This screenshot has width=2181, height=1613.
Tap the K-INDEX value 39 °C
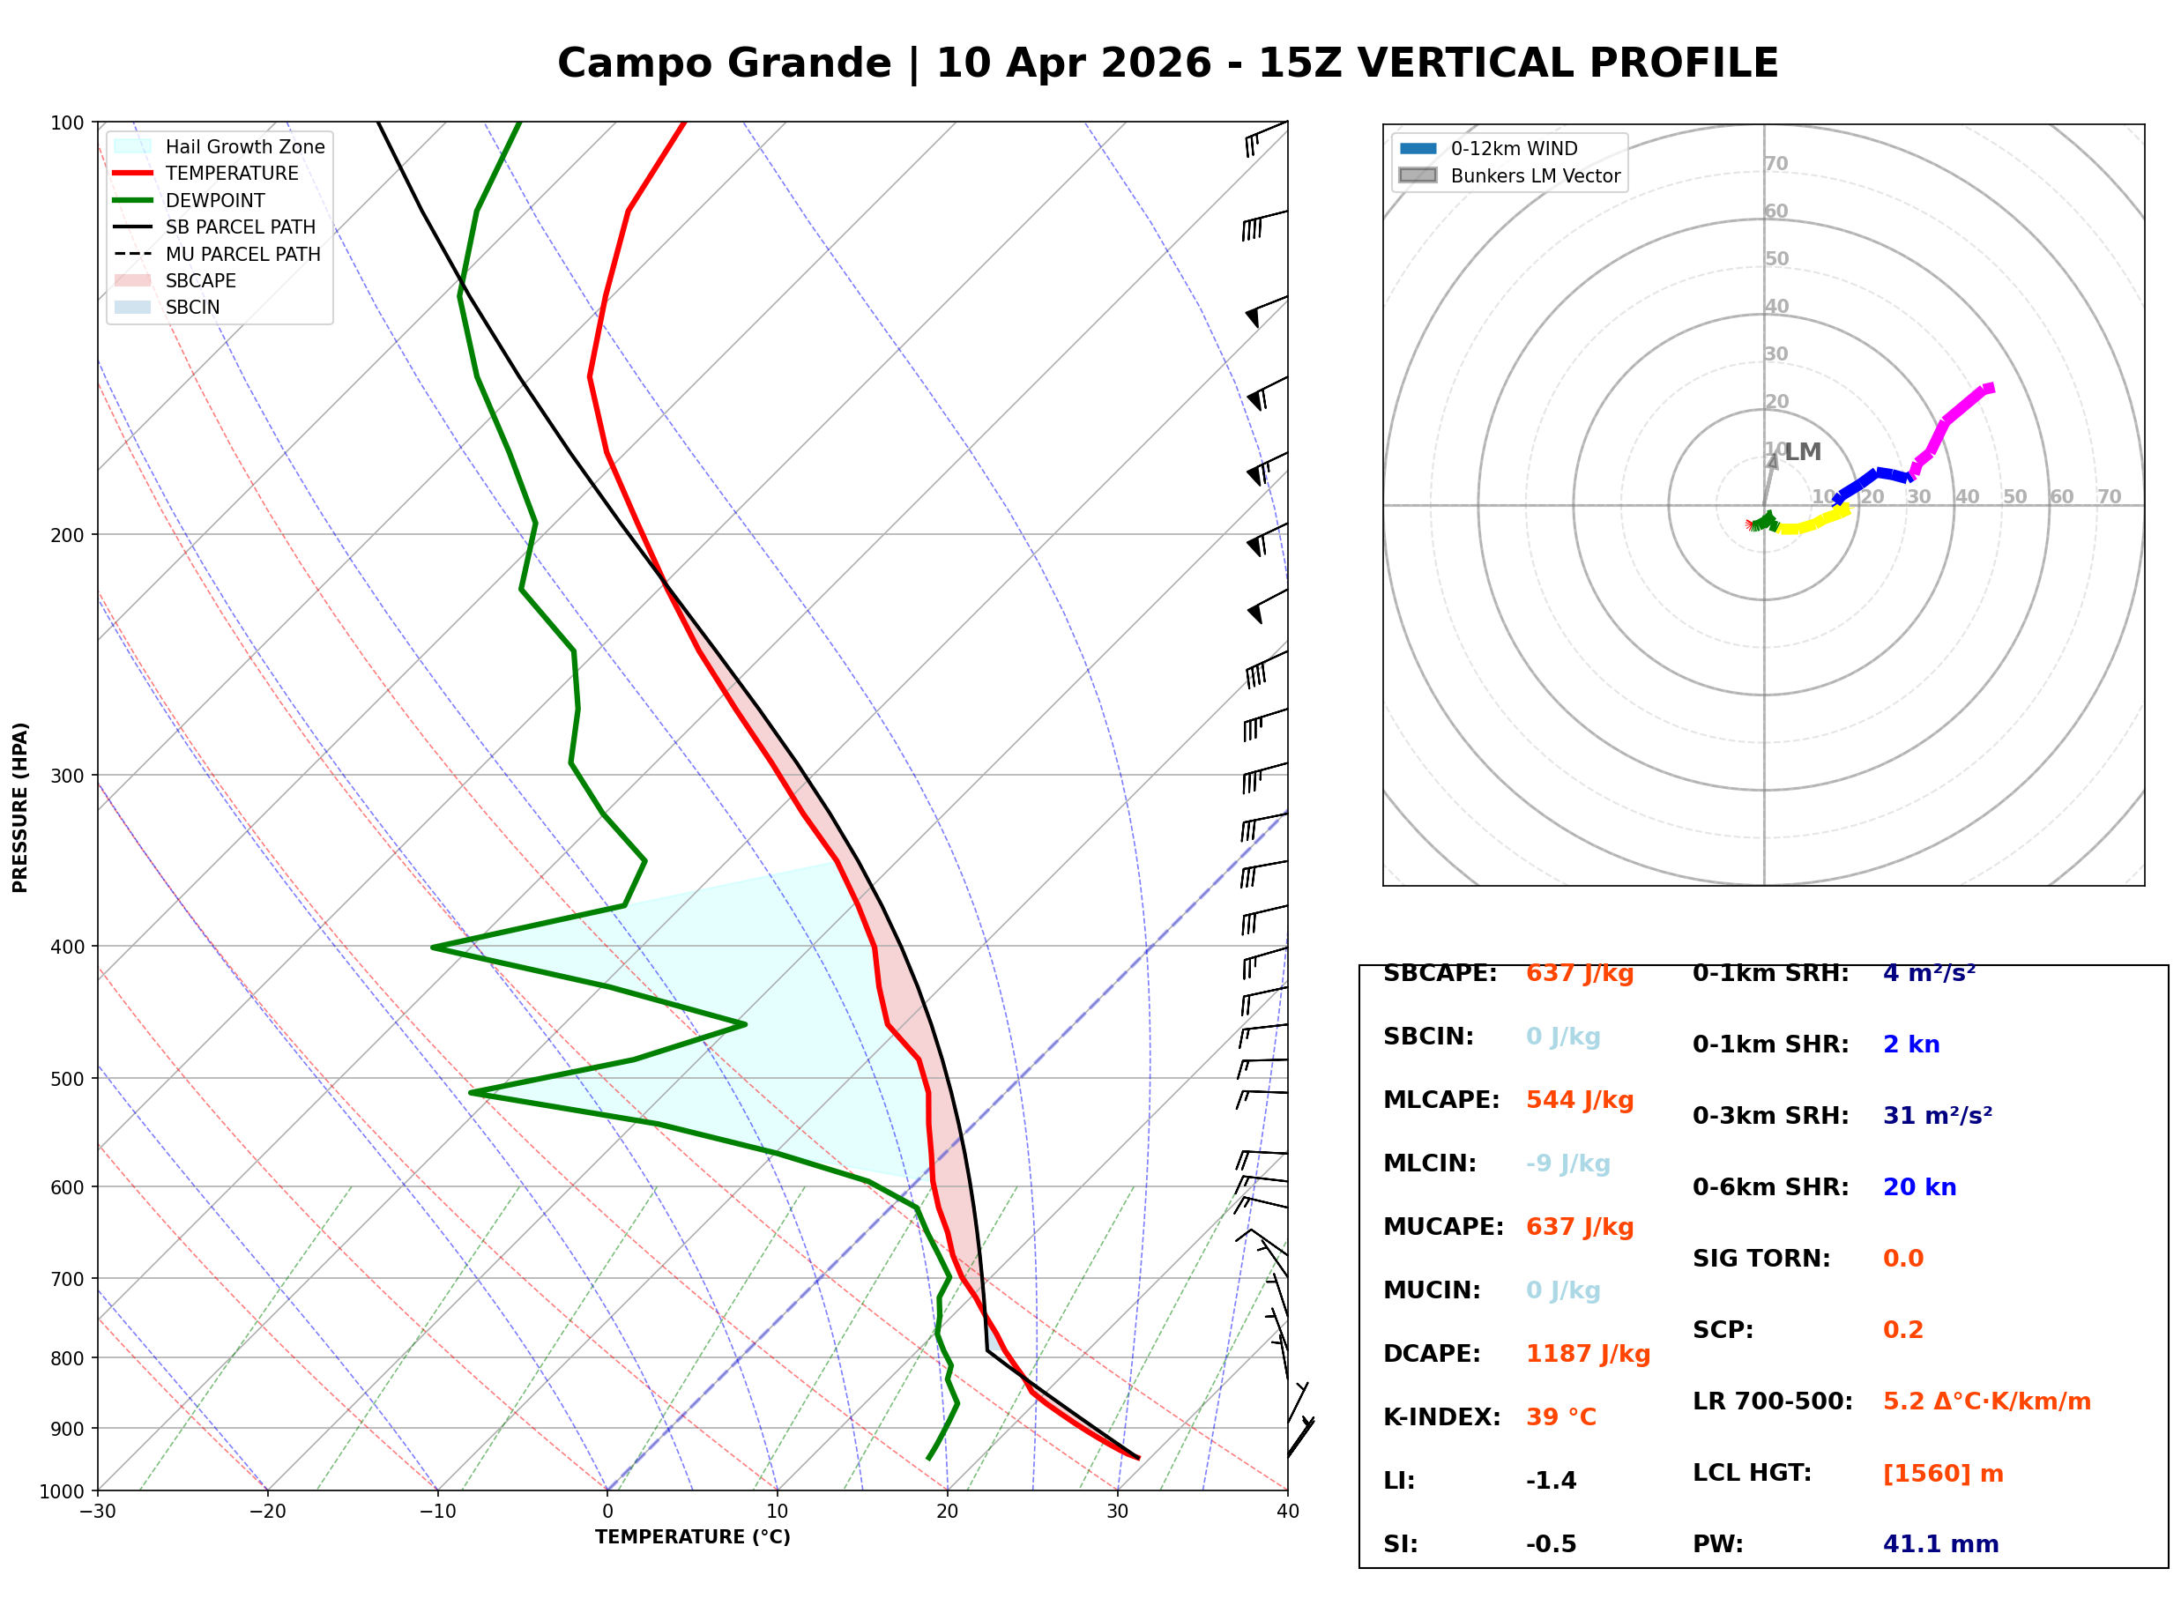pyautogui.click(x=1561, y=1417)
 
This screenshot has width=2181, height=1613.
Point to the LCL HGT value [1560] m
pyautogui.click(x=1943, y=1474)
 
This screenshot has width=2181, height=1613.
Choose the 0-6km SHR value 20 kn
pyautogui.click(x=1919, y=1187)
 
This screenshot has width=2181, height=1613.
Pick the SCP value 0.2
pyautogui.click(x=1902, y=1331)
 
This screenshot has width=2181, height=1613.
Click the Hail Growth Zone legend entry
pyautogui.click(x=244, y=146)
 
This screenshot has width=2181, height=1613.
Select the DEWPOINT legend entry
pyautogui.click(x=215, y=200)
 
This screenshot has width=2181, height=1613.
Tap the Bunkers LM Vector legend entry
pyautogui.click(x=1535, y=175)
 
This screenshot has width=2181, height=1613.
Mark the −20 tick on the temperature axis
pyautogui.click(x=266, y=1512)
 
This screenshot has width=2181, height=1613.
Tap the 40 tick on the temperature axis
pyautogui.click(x=1287, y=1512)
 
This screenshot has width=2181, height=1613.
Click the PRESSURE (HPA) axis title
pyautogui.click(x=20, y=806)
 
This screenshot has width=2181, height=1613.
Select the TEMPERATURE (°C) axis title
pyautogui.click(x=692, y=1537)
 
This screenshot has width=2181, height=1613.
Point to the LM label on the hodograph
pyautogui.click(x=1802, y=452)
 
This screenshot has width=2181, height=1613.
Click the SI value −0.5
pyautogui.click(x=1551, y=1544)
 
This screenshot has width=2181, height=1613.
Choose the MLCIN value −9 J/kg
pyautogui.click(x=1567, y=1163)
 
